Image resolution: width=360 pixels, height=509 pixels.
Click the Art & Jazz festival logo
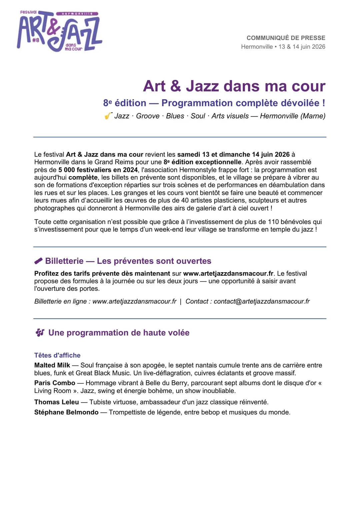(x=59, y=31)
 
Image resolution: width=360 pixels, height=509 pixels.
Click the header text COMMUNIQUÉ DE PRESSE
(x=286, y=38)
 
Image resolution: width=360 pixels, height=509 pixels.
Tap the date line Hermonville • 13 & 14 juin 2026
(x=283, y=47)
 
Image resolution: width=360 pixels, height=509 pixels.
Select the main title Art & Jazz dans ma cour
(x=234, y=86)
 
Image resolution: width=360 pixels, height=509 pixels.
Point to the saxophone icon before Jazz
(x=108, y=116)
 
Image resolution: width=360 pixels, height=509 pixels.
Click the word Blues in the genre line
(x=175, y=116)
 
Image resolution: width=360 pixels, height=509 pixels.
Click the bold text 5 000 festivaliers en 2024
(x=98, y=170)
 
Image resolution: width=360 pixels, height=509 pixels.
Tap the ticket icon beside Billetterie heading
(x=38, y=261)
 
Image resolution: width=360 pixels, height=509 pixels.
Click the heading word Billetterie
(x=64, y=261)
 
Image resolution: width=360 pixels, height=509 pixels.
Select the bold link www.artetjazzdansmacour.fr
(x=228, y=274)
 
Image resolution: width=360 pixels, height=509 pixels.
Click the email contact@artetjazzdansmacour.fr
(x=262, y=302)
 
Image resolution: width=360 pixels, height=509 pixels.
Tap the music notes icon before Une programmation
(x=40, y=333)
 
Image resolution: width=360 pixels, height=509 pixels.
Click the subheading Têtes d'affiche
(x=57, y=355)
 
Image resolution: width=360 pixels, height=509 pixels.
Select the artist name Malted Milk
(x=52, y=365)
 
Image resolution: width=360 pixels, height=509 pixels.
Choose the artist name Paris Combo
(x=55, y=383)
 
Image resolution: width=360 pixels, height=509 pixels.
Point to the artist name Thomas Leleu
(x=57, y=402)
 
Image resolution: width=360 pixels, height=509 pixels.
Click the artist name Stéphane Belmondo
(x=66, y=412)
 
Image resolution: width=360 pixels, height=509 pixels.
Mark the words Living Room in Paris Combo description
(x=53, y=391)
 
